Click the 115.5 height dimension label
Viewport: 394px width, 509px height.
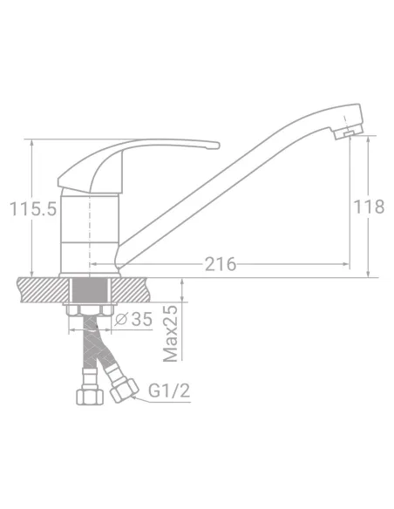point(33,208)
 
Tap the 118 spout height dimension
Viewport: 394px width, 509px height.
point(369,207)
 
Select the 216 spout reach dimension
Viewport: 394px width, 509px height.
point(220,264)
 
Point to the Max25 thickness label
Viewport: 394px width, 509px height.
point(171,333)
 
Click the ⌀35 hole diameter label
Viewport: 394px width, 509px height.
point(133,319)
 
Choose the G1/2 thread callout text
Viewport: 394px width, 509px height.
point(169,390)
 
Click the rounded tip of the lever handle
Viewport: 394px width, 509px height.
point(216,145)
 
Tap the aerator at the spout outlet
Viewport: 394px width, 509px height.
point(348,132)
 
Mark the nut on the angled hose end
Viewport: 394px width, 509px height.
point(125,390)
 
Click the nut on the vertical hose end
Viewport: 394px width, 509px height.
point(90,397)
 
